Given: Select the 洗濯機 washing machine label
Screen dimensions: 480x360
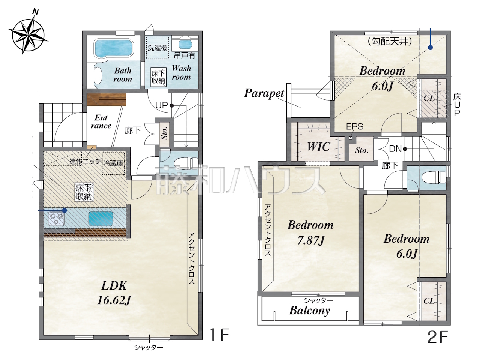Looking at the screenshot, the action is pos(157,48).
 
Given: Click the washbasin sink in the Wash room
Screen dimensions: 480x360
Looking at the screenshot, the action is pos(185,44).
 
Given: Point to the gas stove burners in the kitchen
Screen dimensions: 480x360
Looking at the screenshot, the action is pos(57,219).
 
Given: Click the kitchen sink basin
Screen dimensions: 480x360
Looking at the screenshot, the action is pos(101,219).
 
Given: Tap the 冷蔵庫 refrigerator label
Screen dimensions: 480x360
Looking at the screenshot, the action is pos(114,163).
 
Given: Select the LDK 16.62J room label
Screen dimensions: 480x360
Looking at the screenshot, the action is pos(114,292).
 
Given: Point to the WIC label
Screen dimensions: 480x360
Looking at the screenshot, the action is pos(319,147).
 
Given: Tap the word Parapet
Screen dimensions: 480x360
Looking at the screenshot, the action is pos(264,93).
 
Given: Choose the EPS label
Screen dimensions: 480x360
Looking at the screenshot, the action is pos(355,126).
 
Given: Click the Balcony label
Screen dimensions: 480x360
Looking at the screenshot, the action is pos(310,310).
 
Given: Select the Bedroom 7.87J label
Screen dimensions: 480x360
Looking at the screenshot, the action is pos(310,232).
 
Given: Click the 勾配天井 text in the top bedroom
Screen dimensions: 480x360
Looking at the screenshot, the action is pos(390,42).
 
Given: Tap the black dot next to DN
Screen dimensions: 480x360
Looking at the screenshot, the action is pos(405,149).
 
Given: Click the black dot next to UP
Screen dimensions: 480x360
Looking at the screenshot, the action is pos(172,106).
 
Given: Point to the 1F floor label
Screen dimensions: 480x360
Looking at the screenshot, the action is pos(219,334).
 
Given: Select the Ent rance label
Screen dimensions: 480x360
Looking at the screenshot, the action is pos(101,121).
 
